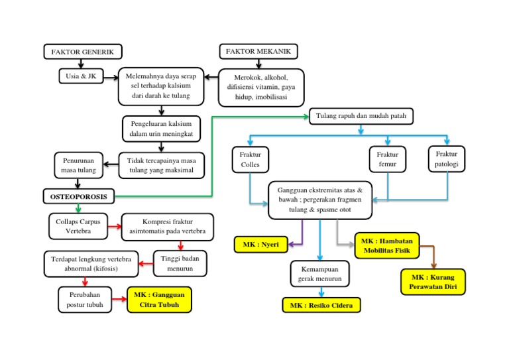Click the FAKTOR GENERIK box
click(83, 52)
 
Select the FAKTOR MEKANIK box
click(258, 52)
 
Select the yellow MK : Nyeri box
click(260, 245)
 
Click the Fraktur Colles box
click(250, 159)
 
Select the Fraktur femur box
click(387, 159)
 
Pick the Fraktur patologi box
click(447, 158)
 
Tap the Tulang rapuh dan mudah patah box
click(360, 116)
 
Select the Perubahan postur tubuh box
click(85, 300)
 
